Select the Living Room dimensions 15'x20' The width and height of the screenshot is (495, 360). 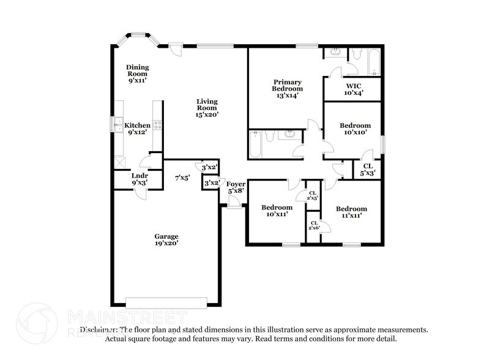click(x=207, y=114)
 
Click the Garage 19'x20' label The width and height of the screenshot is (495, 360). click(x=166, y=239)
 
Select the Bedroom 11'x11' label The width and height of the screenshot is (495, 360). click(x=351, y=212)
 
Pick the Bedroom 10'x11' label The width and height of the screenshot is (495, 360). click(x=275, y=211)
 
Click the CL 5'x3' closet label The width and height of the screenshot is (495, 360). click(x=367, y=169)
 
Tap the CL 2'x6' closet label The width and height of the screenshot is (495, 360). click(x=314, y=225)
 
